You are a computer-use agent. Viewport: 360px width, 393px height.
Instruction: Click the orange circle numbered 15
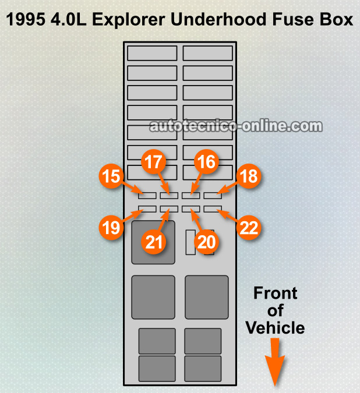tap(111, 176)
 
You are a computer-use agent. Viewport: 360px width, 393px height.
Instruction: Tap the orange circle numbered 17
tap(153, 162)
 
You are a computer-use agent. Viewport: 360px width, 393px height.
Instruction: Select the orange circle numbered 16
tap(206, 162)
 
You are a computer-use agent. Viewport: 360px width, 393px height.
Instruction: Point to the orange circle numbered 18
tap(248, 176)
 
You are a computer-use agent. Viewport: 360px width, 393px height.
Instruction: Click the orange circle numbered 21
tap(153, 242)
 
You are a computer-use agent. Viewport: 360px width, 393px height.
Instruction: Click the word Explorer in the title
tap(128, 20)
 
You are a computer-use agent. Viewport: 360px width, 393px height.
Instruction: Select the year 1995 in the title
tap(26, 20)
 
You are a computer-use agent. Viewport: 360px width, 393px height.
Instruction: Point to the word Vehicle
tap(275, 328)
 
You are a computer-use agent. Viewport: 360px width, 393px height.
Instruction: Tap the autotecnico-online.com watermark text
tap(235, 126)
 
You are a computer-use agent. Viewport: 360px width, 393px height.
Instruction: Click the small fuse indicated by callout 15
tap(147, 195)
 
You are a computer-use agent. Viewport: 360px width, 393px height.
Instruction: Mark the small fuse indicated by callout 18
tap(212, 195)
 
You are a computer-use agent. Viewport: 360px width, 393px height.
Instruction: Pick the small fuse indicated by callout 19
tap(147, 208)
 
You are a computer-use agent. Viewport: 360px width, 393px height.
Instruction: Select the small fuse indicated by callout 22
tap(212, 208)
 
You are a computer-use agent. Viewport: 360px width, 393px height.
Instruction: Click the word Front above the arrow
tap(275, 293)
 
